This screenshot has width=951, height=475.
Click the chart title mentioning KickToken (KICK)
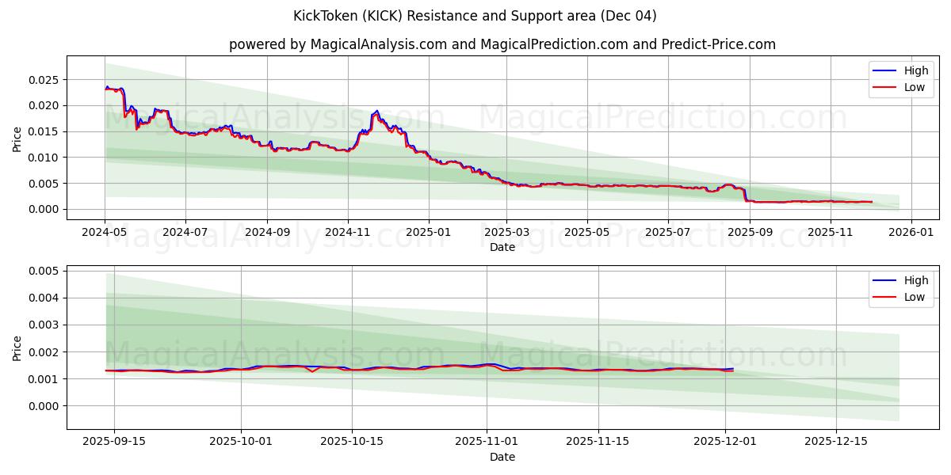coord(475,16)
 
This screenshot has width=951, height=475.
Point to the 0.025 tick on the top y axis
coord(44,80)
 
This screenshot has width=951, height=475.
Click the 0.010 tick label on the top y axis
coord(44,158)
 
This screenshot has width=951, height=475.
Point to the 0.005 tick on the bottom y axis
coord(44,271)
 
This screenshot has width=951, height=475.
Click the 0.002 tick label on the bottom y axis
coord(44,351)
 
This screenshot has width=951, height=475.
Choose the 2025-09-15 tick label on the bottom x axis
coord(114,441)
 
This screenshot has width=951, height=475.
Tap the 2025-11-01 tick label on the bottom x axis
coord(487,441)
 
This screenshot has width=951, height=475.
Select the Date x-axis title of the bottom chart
coord(502,457)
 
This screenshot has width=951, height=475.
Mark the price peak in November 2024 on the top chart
coord(376,111)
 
